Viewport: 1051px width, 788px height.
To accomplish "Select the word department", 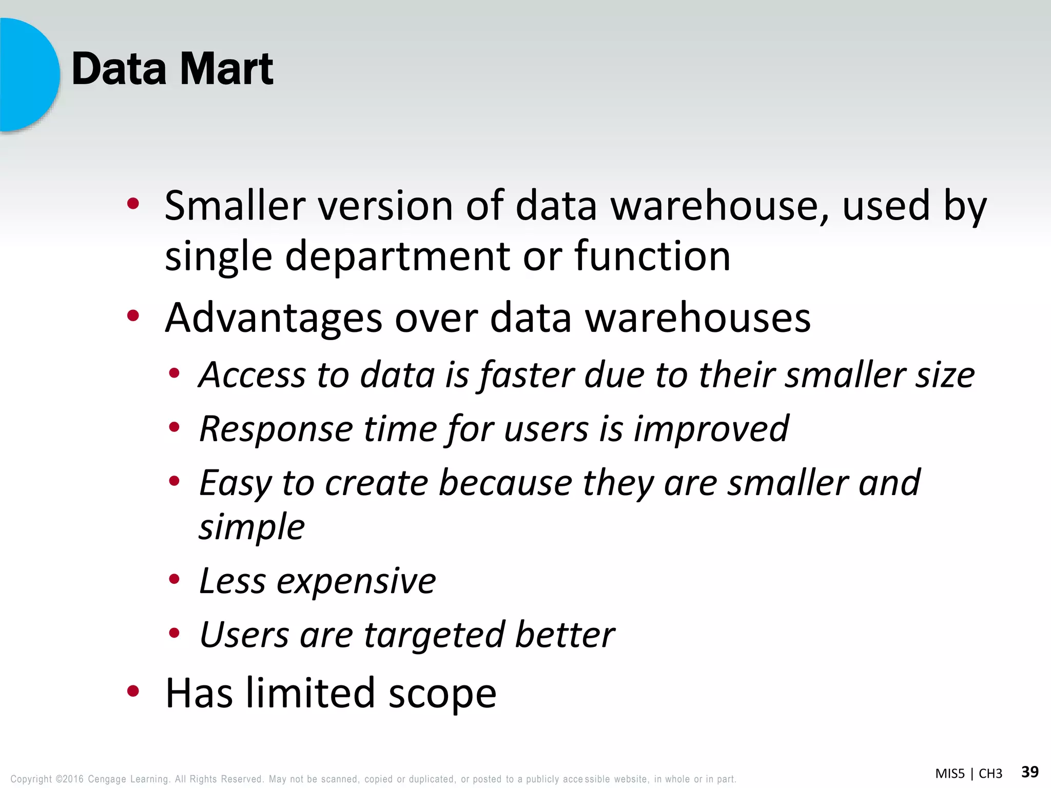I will (398, 257).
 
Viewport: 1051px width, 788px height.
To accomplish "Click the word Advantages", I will (274, 318).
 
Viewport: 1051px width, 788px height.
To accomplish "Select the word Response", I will (276, 429).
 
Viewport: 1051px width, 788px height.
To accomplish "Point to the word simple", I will (251, 527).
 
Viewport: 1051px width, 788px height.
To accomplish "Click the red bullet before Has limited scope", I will (133, 692).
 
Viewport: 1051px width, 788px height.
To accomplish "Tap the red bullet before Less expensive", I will (174, 579).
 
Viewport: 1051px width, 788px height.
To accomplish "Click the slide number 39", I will (1029, 772).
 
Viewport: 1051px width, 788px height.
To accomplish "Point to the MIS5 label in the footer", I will (949, 774).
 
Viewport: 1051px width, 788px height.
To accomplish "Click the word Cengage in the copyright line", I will (107, 779).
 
